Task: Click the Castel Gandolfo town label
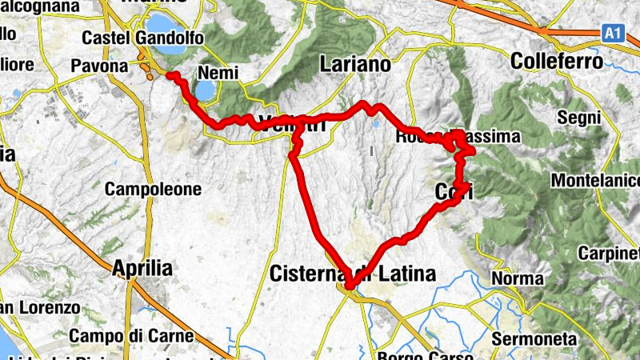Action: point(142,38)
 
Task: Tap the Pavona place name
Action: point(100,66)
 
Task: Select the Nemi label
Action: point(218,72)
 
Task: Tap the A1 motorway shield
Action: point(611,33)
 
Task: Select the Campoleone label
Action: point(153,190)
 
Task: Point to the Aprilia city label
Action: point(142,268)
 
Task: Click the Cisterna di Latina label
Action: point(353,274)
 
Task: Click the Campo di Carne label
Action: point(131,336)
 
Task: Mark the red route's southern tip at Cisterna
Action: point(350,285)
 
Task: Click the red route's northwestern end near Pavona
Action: point(170,75)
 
